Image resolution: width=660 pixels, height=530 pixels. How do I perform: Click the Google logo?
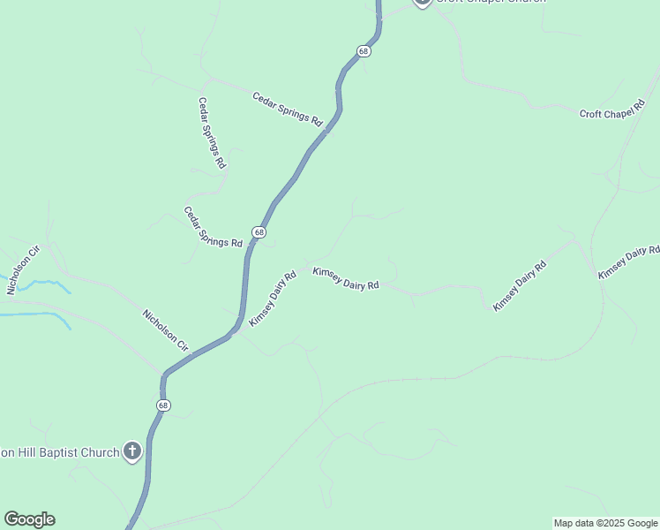tap(29, 519)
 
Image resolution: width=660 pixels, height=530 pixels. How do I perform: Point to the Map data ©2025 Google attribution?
tap(604, 523)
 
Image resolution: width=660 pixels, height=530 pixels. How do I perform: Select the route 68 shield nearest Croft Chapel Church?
tap(364, 51)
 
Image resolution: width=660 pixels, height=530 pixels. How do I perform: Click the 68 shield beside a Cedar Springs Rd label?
tap(258, 231)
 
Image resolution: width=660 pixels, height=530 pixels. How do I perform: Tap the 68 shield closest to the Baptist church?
tap(163, 405)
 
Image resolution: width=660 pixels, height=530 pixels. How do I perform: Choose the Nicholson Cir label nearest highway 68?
tap(166, 330)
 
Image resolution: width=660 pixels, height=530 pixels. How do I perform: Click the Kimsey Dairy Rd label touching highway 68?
tap(272, 299)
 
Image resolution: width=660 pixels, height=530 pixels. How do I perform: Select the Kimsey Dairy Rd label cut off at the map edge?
tap(628, 263)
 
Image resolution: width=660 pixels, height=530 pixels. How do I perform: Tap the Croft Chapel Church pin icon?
tap(422, 2)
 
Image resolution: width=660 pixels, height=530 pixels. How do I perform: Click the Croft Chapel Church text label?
tap(490, 2)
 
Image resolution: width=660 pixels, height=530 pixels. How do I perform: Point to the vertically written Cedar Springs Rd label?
tap(212, 133)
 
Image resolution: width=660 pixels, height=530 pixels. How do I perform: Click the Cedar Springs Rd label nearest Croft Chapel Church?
tap(288, 109)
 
